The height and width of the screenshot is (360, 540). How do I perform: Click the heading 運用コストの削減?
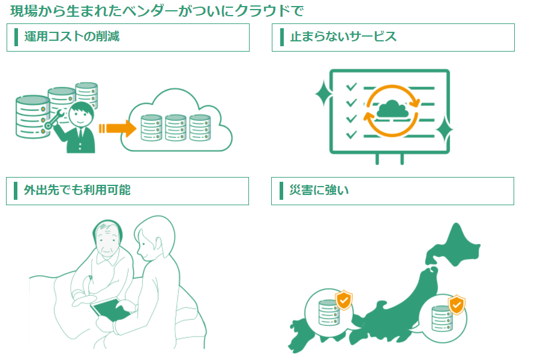coord(72,37)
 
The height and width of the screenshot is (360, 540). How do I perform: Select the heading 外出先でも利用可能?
coord(77,191)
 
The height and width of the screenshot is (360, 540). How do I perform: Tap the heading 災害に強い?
coord(319,191)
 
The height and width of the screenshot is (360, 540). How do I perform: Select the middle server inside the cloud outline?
coord(176,127)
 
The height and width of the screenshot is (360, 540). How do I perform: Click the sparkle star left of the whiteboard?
coord(322,95)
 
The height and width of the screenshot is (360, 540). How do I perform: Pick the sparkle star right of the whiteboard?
coord(444,129)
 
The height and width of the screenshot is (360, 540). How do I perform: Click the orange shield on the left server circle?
coord(344,300)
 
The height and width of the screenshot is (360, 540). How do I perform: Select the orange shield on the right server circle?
coord(457,305)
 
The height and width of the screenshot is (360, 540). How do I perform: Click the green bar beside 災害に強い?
coord(282,191)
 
